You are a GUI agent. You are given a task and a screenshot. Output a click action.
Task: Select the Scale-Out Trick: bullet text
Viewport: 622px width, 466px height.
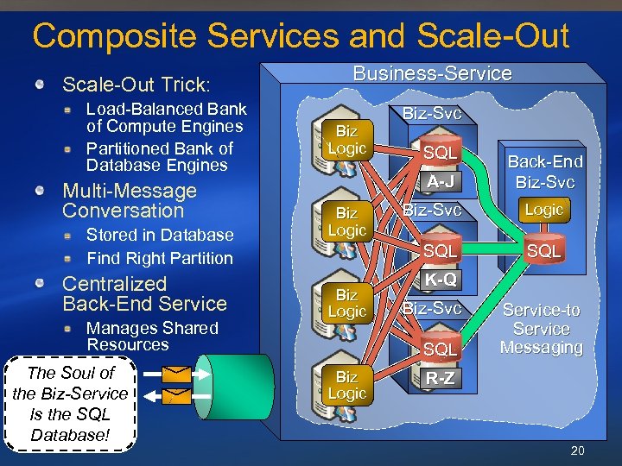click(136, 85)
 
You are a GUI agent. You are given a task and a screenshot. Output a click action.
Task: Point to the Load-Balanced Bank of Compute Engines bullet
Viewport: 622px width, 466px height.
click(165, 118)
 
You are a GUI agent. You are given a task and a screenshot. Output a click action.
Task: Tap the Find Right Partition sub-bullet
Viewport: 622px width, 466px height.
click(160, 258)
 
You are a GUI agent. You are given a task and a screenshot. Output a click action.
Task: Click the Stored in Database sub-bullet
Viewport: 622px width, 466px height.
click(160, 235)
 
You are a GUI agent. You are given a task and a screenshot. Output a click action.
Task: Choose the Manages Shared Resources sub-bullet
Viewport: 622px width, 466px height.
click(152, 337)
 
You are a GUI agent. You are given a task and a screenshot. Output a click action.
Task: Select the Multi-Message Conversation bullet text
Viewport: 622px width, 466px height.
click(130, 200)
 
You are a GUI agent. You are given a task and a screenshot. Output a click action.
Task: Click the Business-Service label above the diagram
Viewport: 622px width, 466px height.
click(432, 74)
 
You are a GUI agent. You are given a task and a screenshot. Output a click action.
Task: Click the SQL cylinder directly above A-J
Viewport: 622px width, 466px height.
click(440, 153)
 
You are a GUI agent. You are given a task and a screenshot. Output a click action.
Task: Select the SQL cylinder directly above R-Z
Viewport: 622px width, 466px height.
click(440, 349)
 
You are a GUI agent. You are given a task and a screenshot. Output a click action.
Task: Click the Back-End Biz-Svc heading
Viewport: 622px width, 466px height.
click(544, 172)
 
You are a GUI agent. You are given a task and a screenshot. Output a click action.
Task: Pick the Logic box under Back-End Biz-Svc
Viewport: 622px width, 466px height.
click(544, 210)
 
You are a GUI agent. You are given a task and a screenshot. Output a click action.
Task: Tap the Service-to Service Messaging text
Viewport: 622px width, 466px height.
click(542, 329)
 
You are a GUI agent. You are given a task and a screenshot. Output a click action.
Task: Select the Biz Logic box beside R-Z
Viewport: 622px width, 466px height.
click(346, 385)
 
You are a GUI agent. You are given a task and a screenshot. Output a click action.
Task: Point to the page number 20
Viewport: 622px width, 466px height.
click(578, 450)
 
